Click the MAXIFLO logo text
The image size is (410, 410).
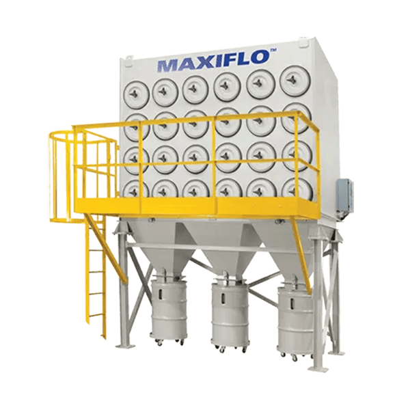point(214,61)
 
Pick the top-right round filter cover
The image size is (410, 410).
point(295,79)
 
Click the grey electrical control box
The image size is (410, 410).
point(344,195)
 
